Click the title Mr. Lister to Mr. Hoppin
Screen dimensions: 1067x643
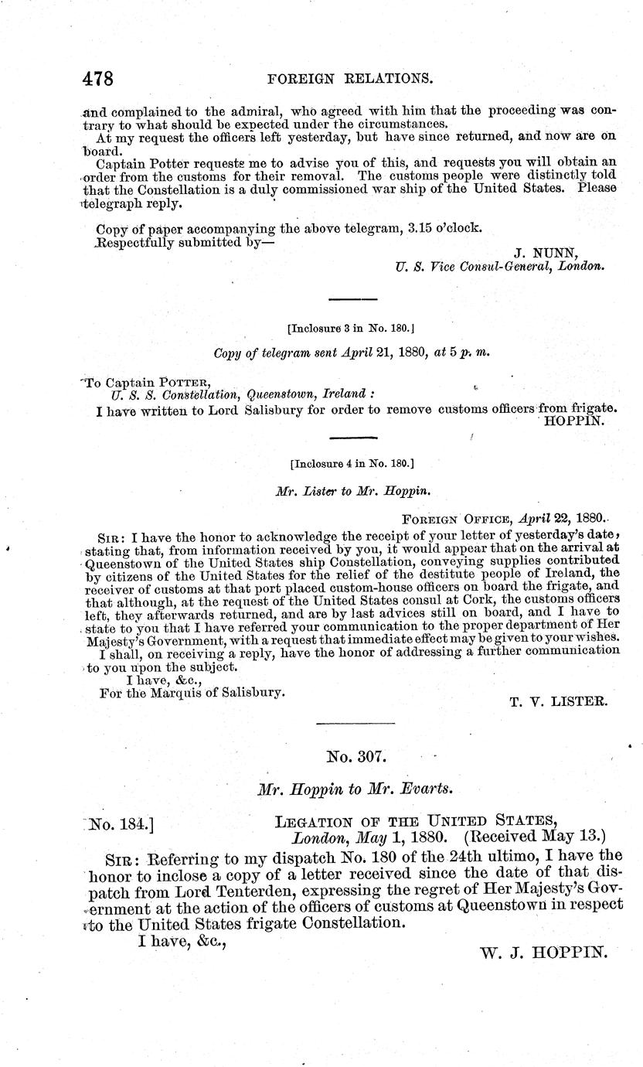tap(352, 490)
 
